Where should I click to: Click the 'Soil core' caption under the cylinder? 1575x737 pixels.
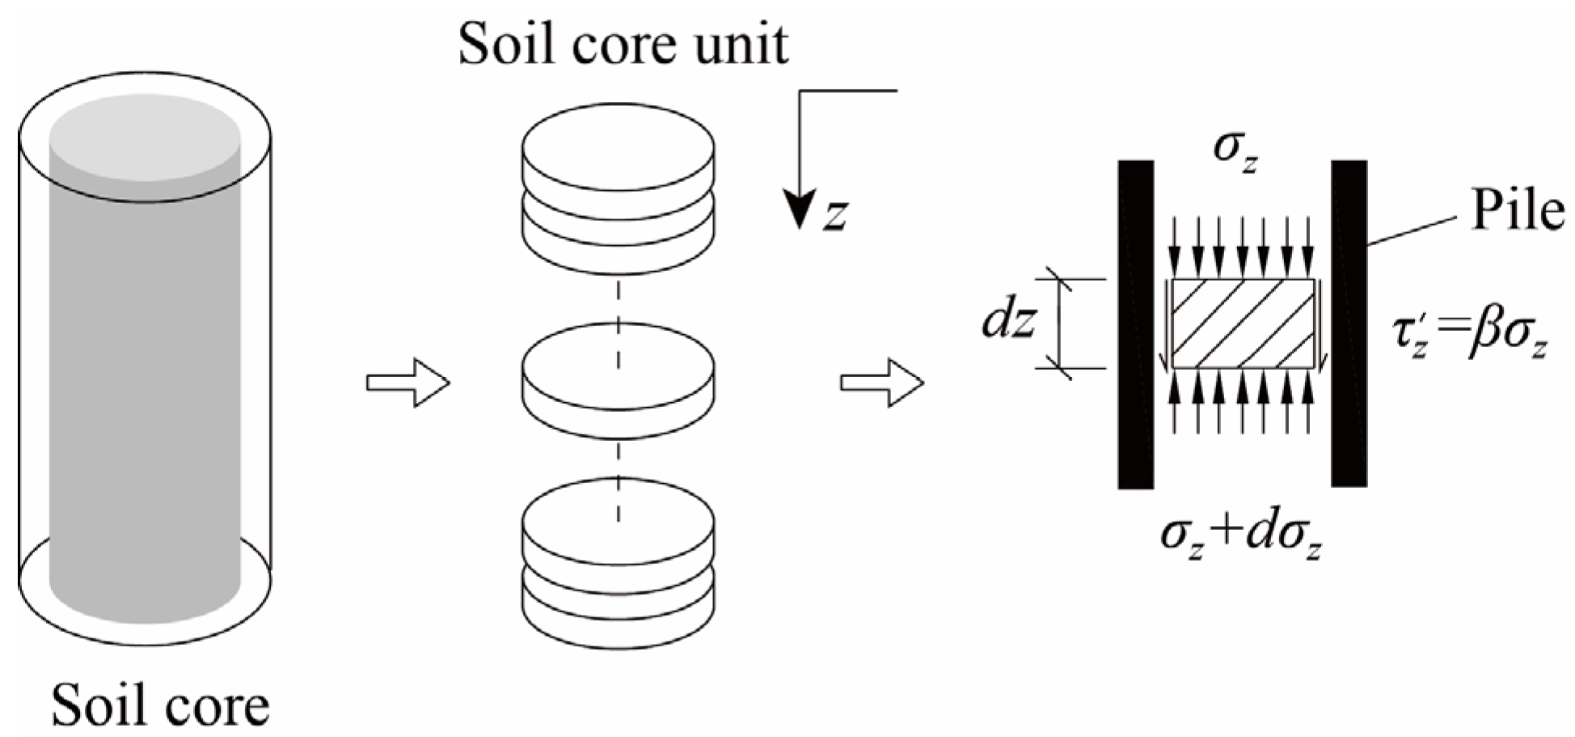pyautogui.click(x=160, y=705)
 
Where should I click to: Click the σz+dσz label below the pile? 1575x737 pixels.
pyautogui.click(x=1241, y=536)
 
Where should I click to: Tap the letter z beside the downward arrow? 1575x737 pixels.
pyautogui.click(x=835, y=215)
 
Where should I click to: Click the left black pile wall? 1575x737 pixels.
pyautogui.click(x=1135, y=324)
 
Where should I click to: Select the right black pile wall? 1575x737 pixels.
pyautogui.click(x=1349, y=324)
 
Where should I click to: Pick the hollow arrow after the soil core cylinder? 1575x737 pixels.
pyautogui.click(x=407, y=382)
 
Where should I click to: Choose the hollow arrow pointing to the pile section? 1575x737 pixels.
pyautogui.click(x=881, y=382)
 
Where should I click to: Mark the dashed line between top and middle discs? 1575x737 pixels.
pyautogui.click(x=619, y=299)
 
